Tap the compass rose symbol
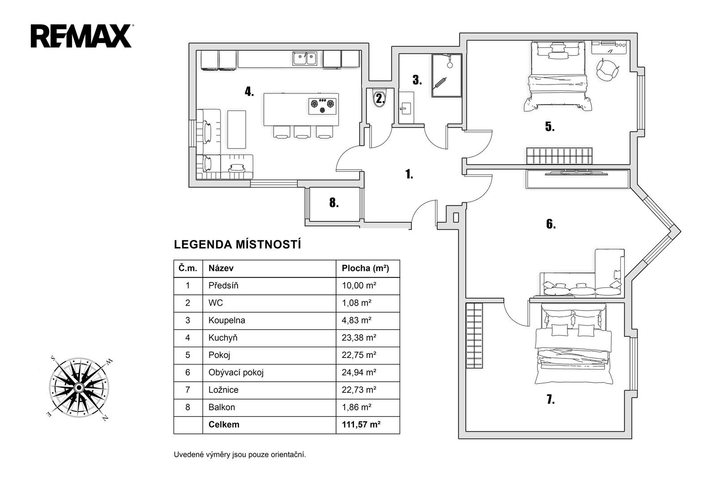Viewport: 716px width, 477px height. (79, 388)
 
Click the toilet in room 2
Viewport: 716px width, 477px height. (379, 98)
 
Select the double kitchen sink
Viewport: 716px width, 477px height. (305, 59)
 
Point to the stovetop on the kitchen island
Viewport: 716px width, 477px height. (322, 106)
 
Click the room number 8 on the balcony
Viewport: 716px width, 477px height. (334, 203)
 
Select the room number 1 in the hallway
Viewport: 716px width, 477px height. (409, 174)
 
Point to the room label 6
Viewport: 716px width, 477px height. (551, 224)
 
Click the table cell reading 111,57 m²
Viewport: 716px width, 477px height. (361, 425)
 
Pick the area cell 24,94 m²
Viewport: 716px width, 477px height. (359, 372)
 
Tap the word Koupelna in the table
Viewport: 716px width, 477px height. (226, 320)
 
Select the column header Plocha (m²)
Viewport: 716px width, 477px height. (365, 268)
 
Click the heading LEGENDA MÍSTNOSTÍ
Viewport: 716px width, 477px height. (238, 245)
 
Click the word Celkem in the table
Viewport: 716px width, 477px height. (224, 425)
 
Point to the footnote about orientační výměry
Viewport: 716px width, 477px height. (240, 455)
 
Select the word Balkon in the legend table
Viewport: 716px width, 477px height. (222, 407)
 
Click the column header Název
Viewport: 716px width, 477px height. (221, 268)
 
